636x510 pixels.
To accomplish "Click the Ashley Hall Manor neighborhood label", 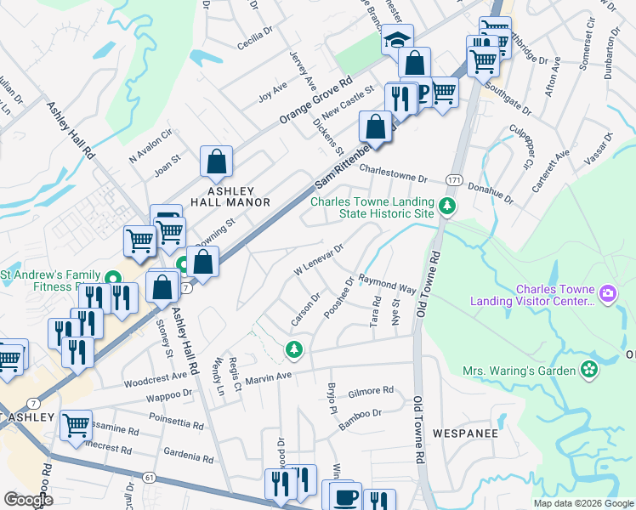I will point(236,194).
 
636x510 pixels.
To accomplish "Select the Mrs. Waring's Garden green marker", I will point(588,370).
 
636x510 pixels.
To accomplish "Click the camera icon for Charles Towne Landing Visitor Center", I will point(607,294).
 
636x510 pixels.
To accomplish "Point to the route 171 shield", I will point(455,180).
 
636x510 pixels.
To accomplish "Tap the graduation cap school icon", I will point(396,39).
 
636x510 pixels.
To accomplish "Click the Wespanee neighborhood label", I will point(464,433).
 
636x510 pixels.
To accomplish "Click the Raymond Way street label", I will point(387,284).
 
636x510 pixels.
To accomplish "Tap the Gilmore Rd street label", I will point(370,391).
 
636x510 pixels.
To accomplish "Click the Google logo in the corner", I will point(28,499).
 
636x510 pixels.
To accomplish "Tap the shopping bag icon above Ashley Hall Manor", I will point(217,161).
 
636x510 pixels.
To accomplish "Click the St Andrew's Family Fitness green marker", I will point(112,278).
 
